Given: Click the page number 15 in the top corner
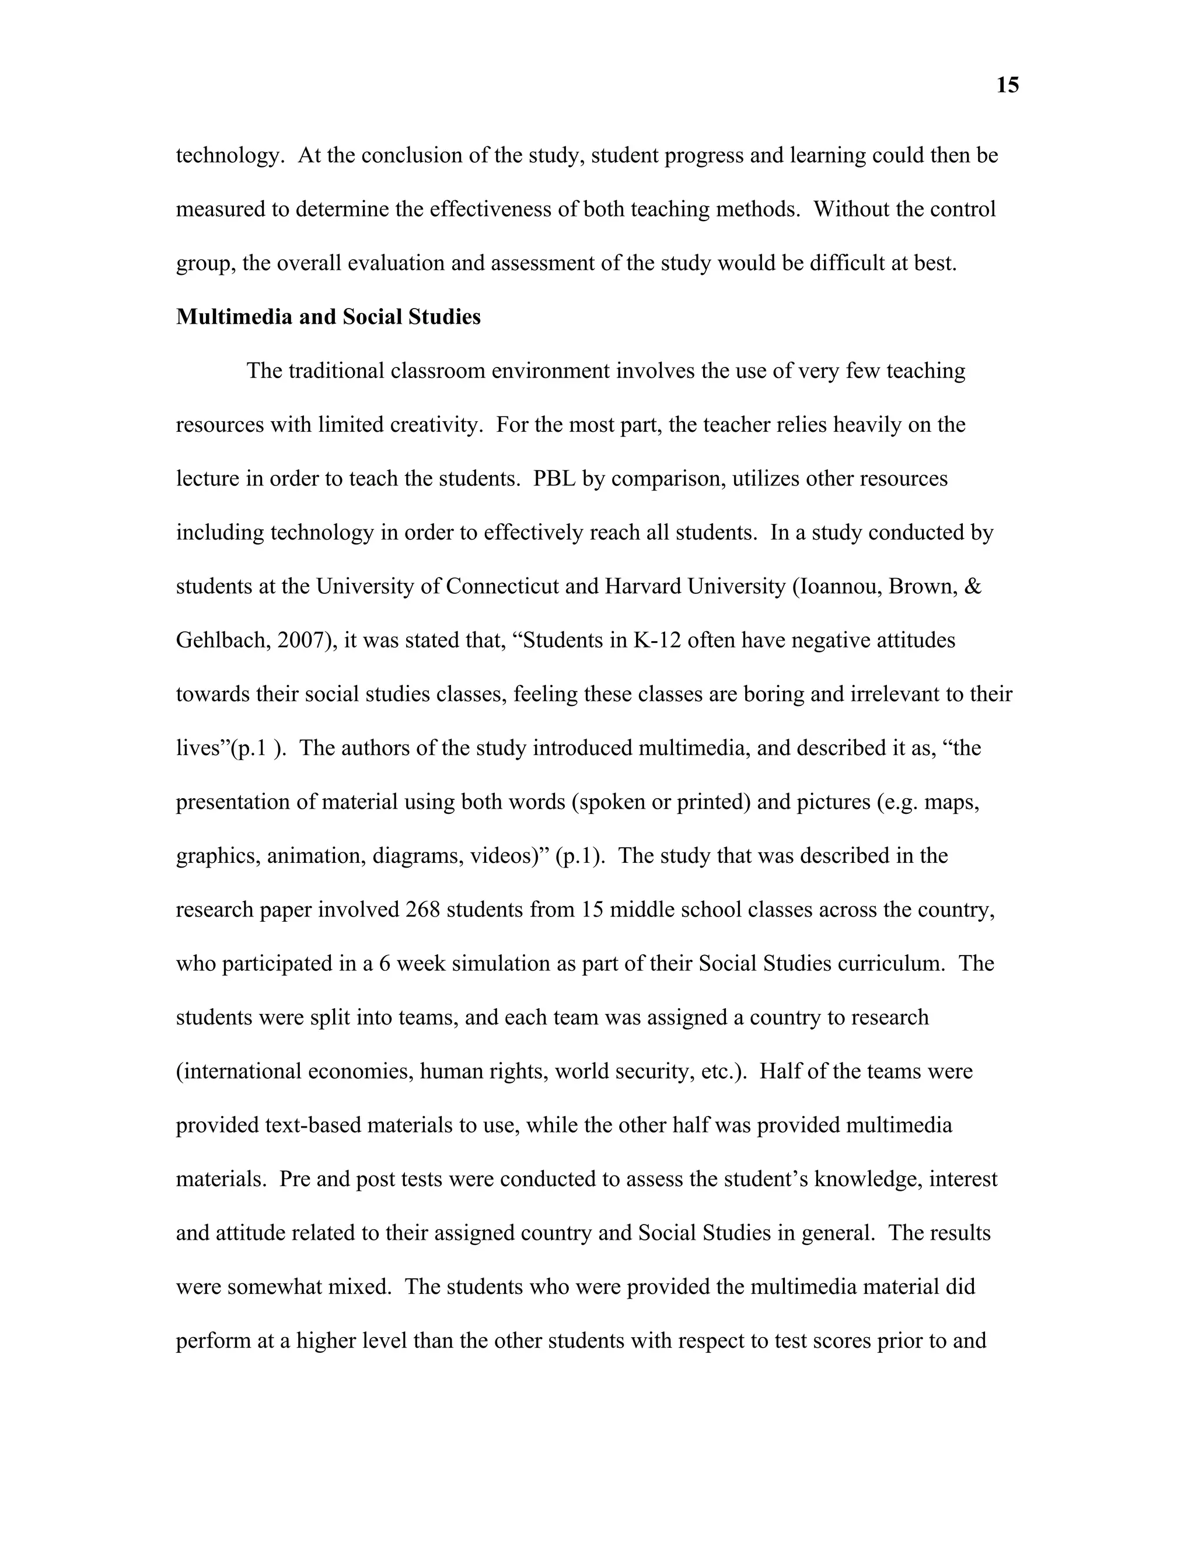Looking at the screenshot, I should point(1007,86).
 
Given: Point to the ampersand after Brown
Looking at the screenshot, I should point(973,586).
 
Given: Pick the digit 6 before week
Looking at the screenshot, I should point(385,963).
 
